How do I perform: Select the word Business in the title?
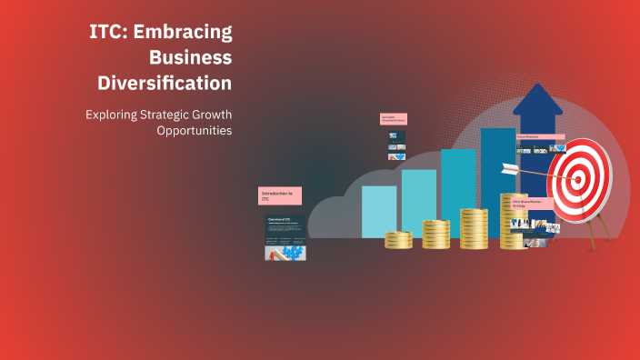[190, 57]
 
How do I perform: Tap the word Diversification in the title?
[165, 83]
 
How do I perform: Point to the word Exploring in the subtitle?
[114, 115]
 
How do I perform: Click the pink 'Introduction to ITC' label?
[279, 195]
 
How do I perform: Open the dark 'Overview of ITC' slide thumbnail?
[285, 238]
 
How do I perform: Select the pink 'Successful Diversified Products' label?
[393, 119]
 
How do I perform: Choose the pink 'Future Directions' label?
[540, 137]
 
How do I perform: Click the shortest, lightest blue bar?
[379, 211]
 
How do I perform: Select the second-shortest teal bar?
[418, 202]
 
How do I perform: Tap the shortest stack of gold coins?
[398, 240]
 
